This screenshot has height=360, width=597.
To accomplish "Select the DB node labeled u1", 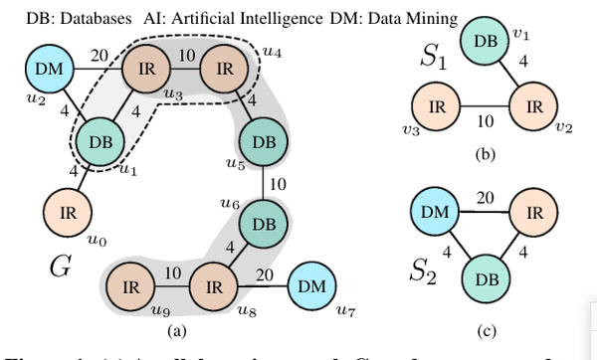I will [100, 142].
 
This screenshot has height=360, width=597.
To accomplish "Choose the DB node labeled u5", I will [264, 142].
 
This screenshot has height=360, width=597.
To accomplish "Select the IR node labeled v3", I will [436, 105].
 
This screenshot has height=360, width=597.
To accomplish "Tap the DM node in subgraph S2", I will [436, 213].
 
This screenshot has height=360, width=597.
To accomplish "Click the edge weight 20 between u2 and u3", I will [98, 57].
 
